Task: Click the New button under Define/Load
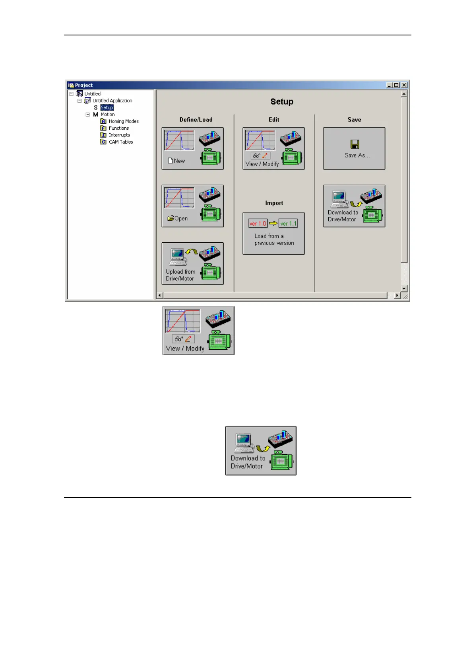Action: point(192,148)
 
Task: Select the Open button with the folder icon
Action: point(192,206)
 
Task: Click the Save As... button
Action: point(354,148)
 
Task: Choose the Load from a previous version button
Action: point(273,234)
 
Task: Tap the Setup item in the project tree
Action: point(107,107)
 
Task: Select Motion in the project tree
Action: point(107,115)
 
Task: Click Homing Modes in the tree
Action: point(123,121)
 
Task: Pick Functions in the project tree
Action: point(118,128)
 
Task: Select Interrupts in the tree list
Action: point(119,135)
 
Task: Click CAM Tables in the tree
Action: point(121,142)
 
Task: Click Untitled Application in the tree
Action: point(112,101)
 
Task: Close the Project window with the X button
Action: point(404,85)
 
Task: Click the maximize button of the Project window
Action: point(396,85)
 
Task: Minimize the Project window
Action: point(390,85)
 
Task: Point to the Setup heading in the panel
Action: point(282,102)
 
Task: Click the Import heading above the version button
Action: point(274,203)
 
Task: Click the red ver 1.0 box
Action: point(258,224)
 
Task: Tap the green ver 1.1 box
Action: point(288,224)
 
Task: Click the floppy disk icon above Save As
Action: point(355,144)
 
